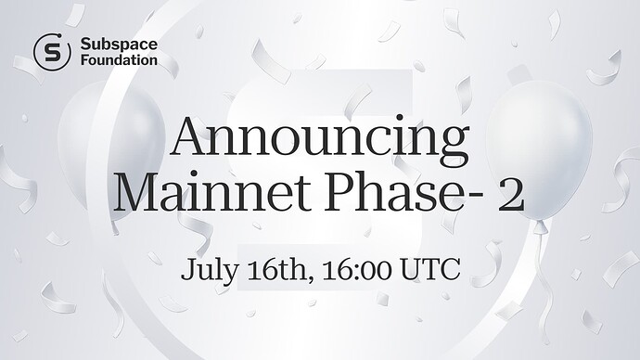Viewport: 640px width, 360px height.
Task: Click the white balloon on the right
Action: pyautogui.click(x=538, y=148)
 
